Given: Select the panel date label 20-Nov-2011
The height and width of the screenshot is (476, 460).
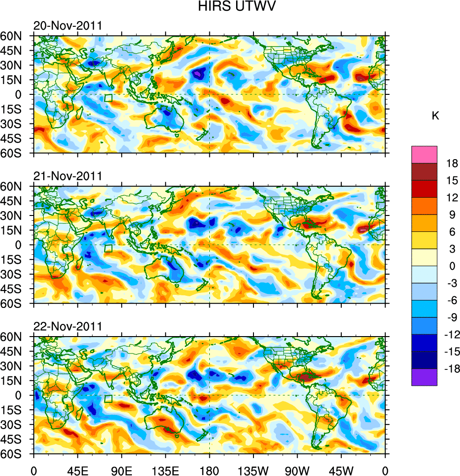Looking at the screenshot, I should [68, 26].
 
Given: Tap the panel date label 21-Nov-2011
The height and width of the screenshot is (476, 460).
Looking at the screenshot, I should [68, 177].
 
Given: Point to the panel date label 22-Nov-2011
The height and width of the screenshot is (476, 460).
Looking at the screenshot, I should [68, 327].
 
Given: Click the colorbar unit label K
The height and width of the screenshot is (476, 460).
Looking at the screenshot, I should [435, 116].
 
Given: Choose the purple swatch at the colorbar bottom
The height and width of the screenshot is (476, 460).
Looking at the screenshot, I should [424, 377].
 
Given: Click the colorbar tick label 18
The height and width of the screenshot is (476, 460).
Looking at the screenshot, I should [452, 163].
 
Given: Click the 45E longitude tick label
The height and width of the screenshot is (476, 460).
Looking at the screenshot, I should [77, 469].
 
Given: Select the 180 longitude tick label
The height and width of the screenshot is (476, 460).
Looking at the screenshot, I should [209, 469].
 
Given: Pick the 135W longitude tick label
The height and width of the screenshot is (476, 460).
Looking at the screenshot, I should [253, 469].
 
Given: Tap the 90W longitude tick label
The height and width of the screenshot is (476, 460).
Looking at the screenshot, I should [297, 469].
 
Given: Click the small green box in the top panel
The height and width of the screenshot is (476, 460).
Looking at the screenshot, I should [108, 98].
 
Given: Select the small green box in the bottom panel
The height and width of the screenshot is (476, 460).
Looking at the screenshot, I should [108, 399].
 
